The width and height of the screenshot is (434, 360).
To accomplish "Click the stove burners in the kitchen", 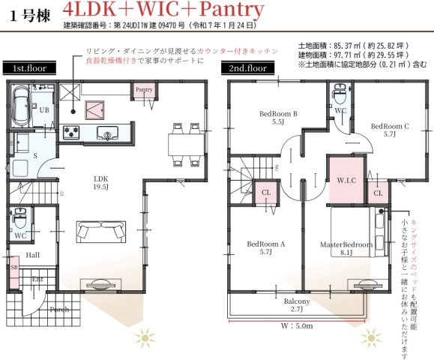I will coord(73,133).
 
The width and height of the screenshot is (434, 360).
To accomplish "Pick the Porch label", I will coord(59,309).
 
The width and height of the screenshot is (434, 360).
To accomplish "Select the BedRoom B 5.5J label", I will coord(279,117).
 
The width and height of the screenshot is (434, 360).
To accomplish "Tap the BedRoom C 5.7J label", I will coord(390,130).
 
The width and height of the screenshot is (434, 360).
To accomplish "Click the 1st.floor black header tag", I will coord(28,68).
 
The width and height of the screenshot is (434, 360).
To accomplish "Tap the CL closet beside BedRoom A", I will coord(266,192).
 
